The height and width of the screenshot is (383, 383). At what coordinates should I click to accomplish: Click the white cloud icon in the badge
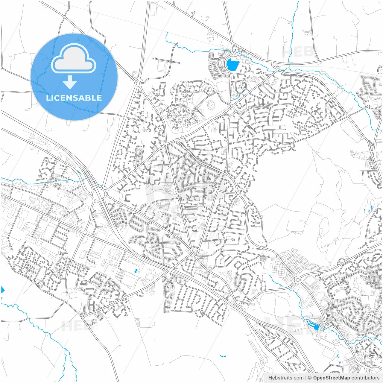coord(74,59)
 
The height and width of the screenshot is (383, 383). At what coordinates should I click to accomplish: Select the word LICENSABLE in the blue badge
coord(74,98)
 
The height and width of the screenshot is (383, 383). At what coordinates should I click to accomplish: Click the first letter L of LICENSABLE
coord(48,98)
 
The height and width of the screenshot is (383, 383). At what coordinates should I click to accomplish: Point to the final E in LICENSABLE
coord(99,98)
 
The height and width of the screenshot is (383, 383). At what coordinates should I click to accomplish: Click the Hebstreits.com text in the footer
coord(286,378)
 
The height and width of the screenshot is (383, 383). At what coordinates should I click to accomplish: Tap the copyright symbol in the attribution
coord(310,378)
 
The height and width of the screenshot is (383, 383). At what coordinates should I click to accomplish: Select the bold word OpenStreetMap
coord(332,378)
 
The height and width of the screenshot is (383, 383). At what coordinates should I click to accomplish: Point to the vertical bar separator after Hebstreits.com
coord(306,378)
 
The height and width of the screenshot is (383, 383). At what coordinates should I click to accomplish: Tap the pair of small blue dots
coord(136,271)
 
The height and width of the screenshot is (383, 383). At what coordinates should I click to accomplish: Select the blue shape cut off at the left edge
coord(3,290)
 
